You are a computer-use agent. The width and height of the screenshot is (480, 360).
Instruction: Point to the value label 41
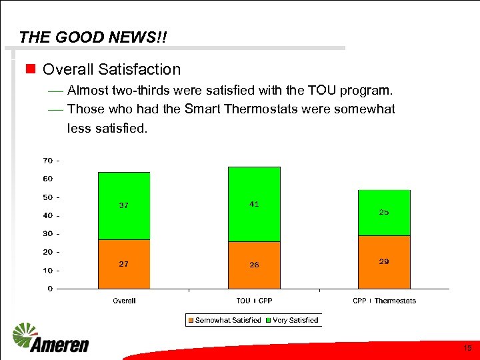click(254, 204)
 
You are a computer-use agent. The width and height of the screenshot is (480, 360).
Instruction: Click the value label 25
click(384, 212)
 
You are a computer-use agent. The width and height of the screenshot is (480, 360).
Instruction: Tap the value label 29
click(384, 262)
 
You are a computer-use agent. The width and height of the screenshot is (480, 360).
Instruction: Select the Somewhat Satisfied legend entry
click(224, 320)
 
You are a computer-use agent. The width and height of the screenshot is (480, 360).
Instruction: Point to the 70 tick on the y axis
click(48, 161)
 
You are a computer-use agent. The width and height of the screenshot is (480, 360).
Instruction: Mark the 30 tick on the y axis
click(48, 233)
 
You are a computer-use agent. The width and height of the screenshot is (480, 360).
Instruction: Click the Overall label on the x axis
click(124, 301)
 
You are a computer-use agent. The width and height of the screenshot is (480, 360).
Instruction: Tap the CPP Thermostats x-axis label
click(384, 301)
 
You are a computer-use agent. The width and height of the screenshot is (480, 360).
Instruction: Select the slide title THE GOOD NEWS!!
click(93, 37)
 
